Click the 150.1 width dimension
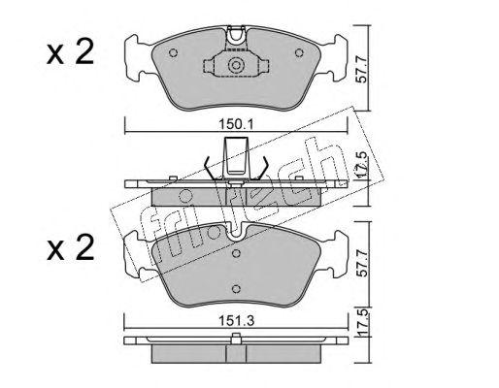(236, 124)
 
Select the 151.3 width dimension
(236, 321)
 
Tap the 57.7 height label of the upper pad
(363, 69)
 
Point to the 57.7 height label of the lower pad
(363, 263)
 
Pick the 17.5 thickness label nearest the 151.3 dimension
(363, 322)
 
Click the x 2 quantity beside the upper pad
(70, 51)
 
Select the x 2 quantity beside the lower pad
(70, 247)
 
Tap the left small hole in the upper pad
(174, 52)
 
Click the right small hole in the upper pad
(299, 52)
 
